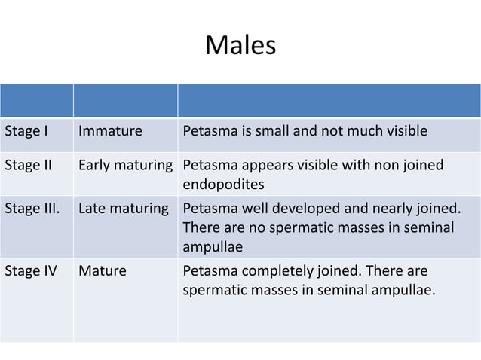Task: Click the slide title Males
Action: click(x=240, y=47)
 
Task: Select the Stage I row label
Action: click(x=27, y=133)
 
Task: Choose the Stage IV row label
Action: click(x=31, y=270)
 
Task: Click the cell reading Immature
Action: click(x=110, y=133)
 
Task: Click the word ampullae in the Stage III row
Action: click(x=213, y=246)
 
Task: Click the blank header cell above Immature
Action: click(x=124, y=101)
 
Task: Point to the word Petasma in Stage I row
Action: click(x=209, y=133)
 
